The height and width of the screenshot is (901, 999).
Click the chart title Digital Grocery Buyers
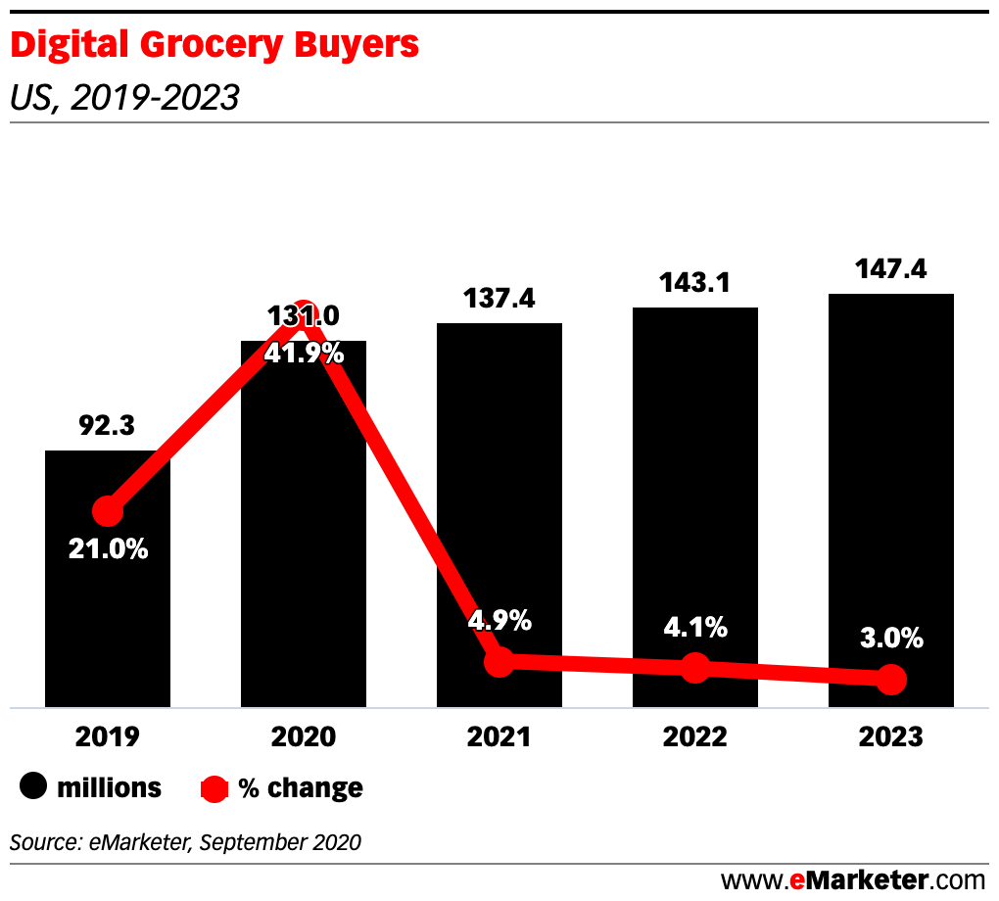click(214, 45)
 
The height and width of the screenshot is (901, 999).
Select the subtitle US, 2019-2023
click(124, 98)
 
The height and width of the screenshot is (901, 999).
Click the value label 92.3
click(108, 427)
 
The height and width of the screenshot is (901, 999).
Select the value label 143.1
click(695, 284)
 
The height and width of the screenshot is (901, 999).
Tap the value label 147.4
click(891, 269)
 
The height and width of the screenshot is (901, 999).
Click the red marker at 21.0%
click(108, 511)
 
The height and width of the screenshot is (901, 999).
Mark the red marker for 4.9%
click(499, 661)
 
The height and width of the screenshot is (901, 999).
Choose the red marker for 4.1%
click(695, 668)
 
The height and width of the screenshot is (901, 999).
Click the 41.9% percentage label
click(304, 354)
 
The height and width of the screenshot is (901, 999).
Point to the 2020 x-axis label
click(304, 736)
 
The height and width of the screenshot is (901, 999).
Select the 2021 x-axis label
click(499, 736)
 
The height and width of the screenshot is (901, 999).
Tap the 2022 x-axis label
click(695, 736)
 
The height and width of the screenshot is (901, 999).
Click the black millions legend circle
click(34, 787)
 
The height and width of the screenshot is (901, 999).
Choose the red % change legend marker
click(214, 788)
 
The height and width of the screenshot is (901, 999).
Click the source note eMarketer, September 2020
click(186, 841)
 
